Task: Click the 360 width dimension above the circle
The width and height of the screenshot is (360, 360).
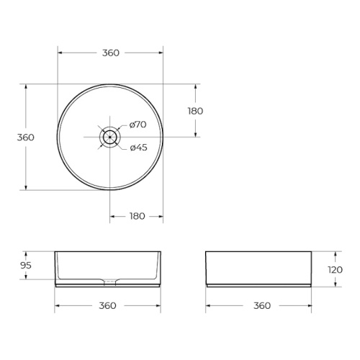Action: (x=111, y=53)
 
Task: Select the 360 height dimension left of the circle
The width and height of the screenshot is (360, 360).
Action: (x=26, y=138)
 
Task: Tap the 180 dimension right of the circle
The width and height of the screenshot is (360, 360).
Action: (x=195, y=111)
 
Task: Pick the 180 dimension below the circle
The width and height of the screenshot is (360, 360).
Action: (x=138, y=216)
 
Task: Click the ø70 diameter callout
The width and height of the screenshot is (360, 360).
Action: (x=138, y=125)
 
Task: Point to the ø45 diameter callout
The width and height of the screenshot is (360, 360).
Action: (x=138, y=148)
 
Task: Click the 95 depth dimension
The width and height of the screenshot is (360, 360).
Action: (x=26, y=266)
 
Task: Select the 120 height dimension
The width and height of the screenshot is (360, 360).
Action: (x=336, y=270)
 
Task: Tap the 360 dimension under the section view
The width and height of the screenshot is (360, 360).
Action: (x=107, y=305)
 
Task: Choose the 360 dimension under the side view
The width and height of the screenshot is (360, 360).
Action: (x=262, y=305)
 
